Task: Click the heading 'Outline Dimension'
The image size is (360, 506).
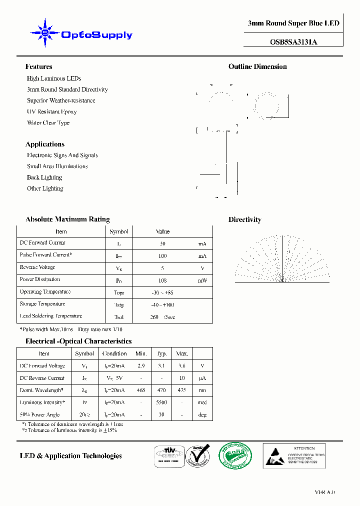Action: pyautogui.click(x=257, y=66)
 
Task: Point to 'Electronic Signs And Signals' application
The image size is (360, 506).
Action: pyautogui.click(x=62, y=155)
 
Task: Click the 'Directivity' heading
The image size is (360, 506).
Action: pyautogui.click(x=244, y=219)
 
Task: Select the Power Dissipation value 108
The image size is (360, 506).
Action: pyautogui.click(x=162, y=280)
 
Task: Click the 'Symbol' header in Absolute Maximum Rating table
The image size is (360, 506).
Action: pyautogui.click(x=119, y=231)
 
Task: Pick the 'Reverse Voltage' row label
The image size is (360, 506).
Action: pyautogui.click(x=37, y=267)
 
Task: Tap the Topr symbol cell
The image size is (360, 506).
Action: pyautogui.click(x=119, y=292)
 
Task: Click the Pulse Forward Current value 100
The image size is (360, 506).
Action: pyautogui.click(x=162, y=256)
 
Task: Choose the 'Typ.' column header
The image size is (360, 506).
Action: pyautogui.click(x=161, y=353)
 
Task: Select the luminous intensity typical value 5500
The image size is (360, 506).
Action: pyautogui.click(x=161, y=402)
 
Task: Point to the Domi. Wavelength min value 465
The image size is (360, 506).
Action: pyautogui.click(x=141, y=390)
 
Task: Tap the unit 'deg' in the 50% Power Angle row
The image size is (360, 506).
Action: pyautogui.click(x=202, y=414)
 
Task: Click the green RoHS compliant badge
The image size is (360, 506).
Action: pyautogui.click(x=235, y=455)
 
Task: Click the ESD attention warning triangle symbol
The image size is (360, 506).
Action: pyautogui.click(x=274, y=457)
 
